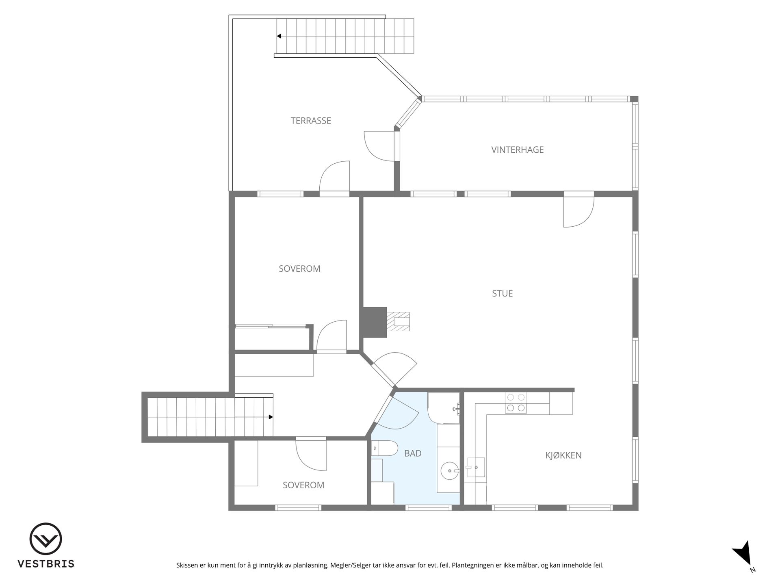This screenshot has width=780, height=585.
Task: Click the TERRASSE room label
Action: click(311, 121)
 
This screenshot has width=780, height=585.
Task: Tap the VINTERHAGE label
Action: click(517, 150)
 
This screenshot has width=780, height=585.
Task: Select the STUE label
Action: click(502, 293)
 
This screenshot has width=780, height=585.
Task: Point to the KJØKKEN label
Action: click(563, 455)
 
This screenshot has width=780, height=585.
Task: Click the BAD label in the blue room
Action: click(413, 453)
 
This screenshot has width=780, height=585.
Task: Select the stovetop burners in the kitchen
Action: click(516, 403)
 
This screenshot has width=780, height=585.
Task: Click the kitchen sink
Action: click(476, 467)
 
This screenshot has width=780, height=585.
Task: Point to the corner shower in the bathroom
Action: click(444, 408)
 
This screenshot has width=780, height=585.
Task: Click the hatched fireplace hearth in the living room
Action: click(398, 322)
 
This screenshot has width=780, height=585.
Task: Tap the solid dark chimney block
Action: click(374, 322)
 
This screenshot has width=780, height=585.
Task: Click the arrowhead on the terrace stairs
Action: click(279, 36)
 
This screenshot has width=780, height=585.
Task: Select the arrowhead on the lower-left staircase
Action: click(271, 417)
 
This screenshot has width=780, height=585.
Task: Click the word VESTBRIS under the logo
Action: click(46, 564)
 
